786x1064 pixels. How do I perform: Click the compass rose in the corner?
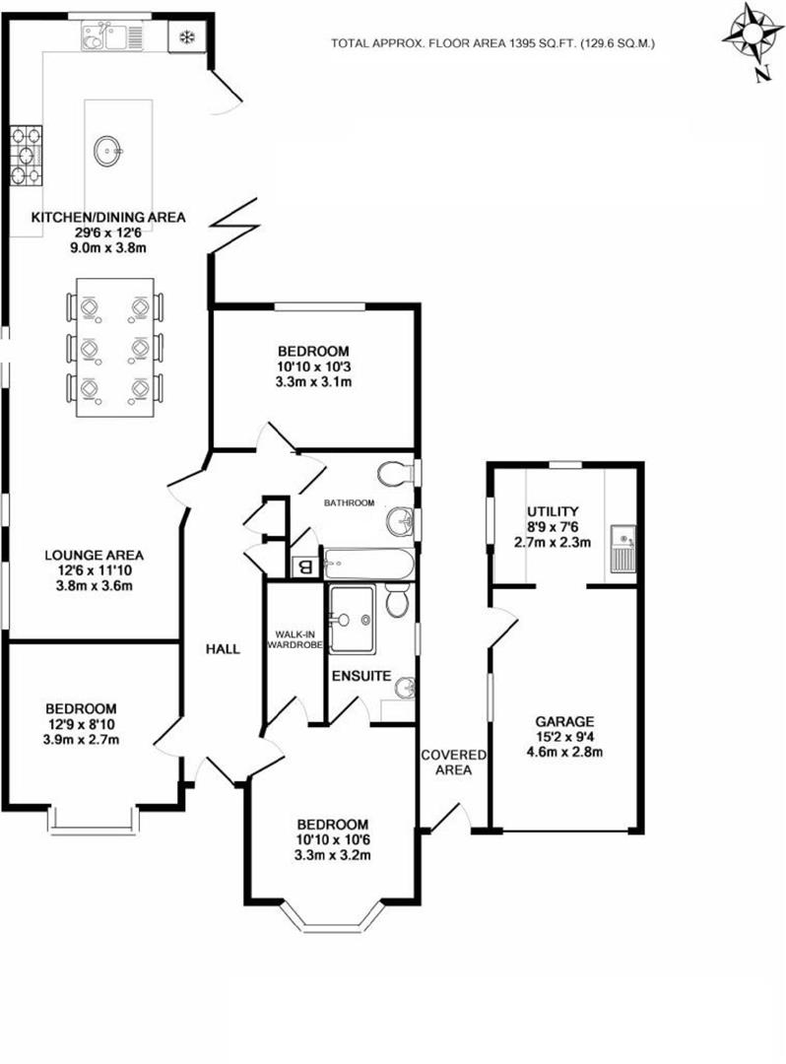click(752, 39)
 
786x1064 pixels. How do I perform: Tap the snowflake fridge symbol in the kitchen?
click(186, 37)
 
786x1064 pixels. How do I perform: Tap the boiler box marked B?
click(303, 566)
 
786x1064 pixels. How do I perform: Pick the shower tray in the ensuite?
click(353, 619)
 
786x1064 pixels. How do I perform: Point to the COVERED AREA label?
click(453, 762)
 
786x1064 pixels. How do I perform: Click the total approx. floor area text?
click(492, 43)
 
